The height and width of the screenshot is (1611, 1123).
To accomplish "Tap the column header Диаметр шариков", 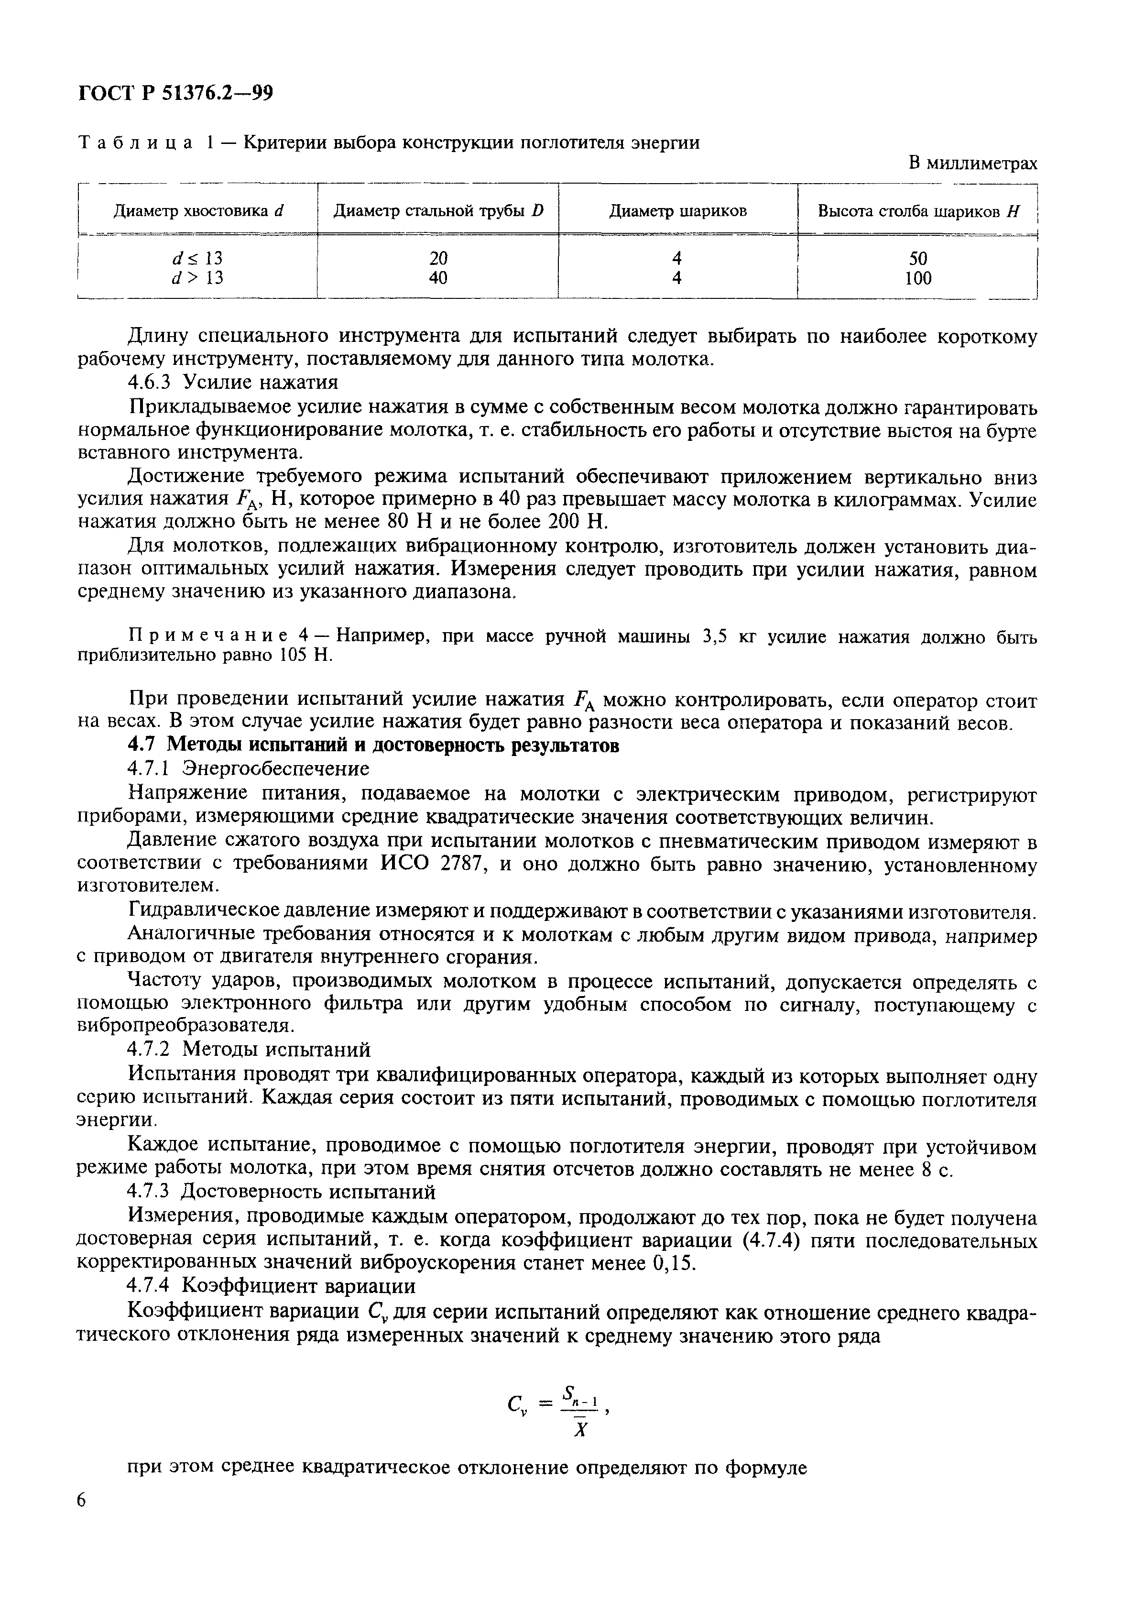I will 677,210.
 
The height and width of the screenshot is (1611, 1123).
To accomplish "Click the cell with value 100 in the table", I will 917,279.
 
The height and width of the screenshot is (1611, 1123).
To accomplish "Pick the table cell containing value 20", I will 438,258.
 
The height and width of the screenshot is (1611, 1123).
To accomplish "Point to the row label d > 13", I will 198,279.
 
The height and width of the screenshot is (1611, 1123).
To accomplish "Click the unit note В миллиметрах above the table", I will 972,164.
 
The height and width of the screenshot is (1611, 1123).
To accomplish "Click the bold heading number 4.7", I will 143,745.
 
